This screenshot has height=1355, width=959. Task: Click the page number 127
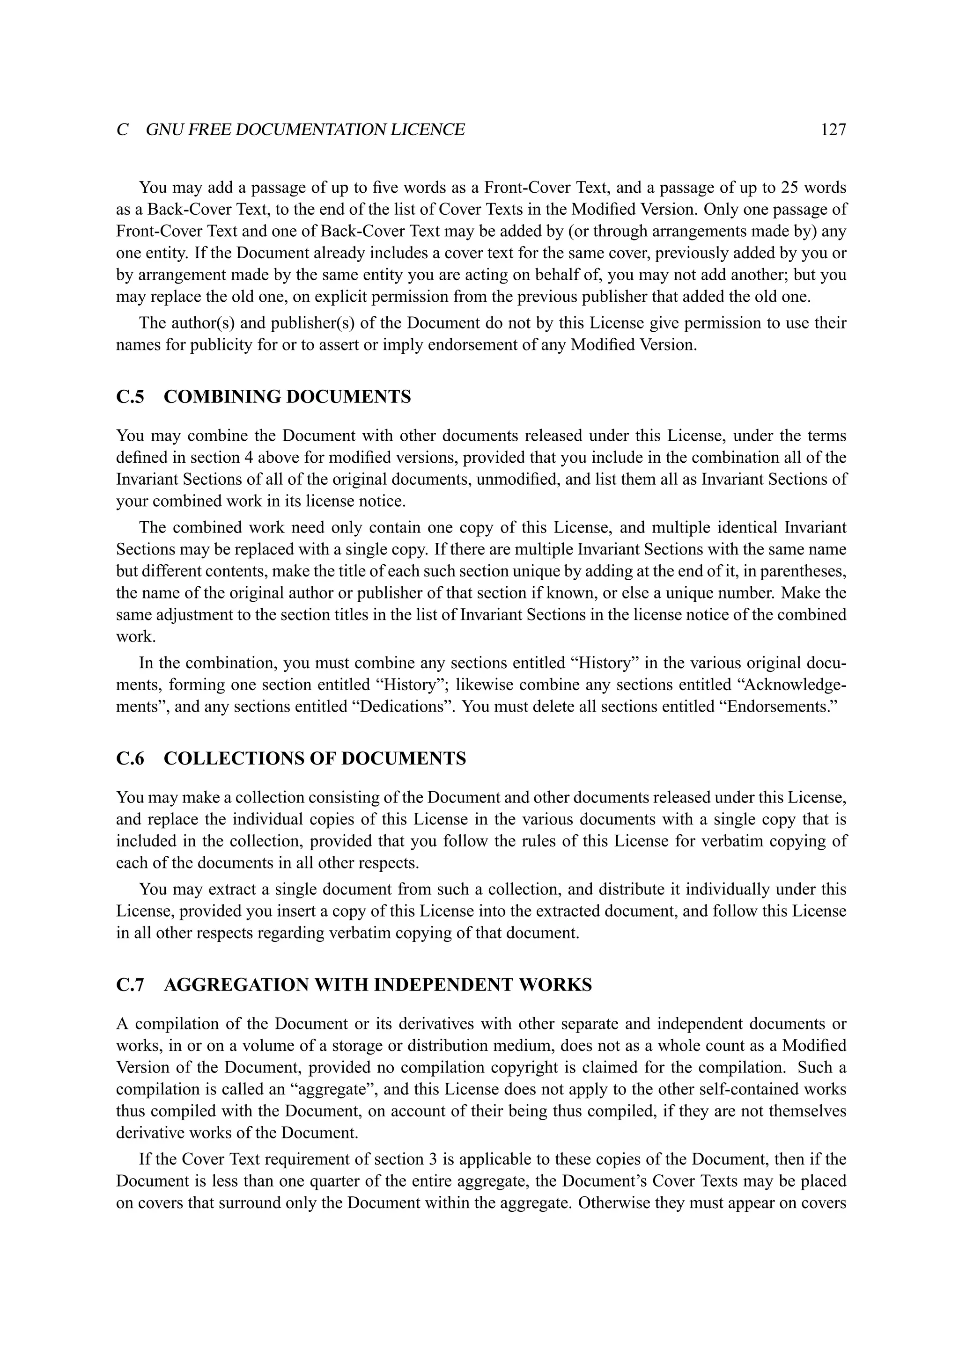click(x=833, y=130)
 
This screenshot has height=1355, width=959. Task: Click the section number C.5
click(x=130, y=397)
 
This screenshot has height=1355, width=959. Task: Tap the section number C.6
click(x=130, y=759)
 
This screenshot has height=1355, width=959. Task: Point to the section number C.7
click(x=130, y=985)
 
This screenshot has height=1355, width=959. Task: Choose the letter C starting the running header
click(x=123, y=130)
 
